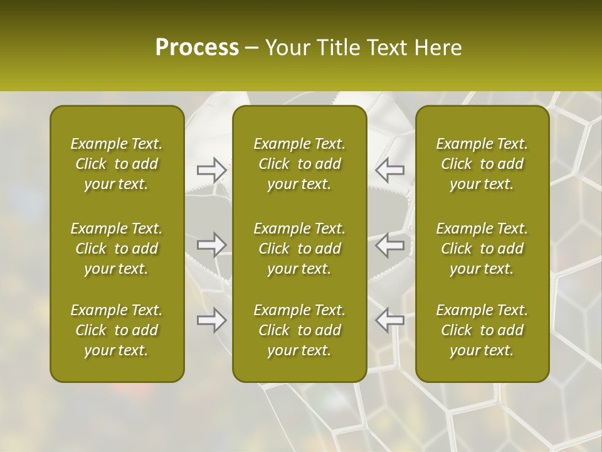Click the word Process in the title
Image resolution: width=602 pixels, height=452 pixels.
197,48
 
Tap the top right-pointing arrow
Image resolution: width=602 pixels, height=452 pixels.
212,169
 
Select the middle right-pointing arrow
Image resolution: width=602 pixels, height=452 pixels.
212,245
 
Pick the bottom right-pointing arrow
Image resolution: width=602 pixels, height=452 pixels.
212,320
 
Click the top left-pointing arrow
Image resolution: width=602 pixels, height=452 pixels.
390,169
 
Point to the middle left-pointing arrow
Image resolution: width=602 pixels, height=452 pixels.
390,245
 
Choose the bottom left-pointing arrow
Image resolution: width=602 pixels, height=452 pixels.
390,320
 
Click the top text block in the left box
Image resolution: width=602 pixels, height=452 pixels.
117,164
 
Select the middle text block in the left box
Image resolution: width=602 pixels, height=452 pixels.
117,249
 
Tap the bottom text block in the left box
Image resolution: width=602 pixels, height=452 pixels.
117,330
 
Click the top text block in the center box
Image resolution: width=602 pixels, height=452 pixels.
299,164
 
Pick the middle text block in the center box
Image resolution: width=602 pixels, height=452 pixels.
299,249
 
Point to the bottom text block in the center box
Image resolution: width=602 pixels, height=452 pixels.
299,330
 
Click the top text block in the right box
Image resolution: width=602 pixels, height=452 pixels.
482,164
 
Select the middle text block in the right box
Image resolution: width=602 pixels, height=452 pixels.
482,249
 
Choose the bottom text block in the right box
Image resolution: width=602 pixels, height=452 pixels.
482,330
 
